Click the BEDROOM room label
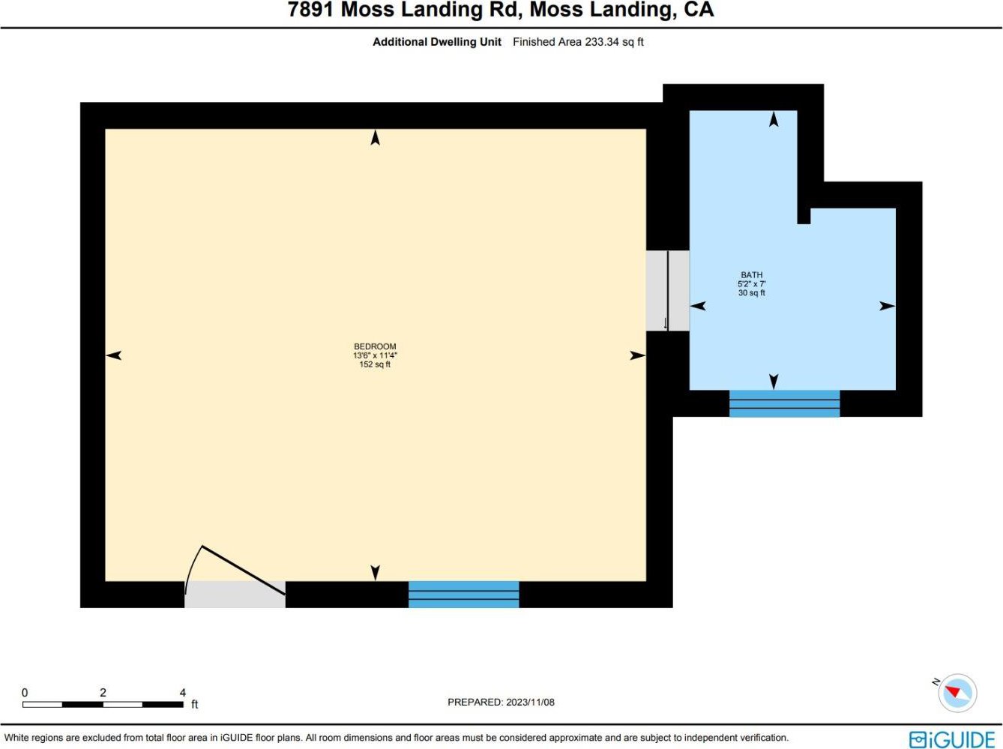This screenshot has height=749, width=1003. (x=375, y=346)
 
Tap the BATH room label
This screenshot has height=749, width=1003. (x=751, y=274)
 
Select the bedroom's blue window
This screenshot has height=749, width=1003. (x=463, y=594)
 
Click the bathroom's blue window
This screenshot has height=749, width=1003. (x=784, y=403)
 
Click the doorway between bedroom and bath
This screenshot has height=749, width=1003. (x=667, y=291)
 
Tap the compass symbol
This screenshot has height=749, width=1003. (x=957, y=693)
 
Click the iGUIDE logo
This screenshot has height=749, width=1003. (x=952, y=739)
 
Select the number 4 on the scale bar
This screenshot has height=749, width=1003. (x=182, y=692)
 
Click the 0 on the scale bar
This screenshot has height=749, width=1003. (x=25, y=692)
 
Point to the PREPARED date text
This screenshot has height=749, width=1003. (x=501, y=702)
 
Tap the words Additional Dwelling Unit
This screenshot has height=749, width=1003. (x=437, y=42)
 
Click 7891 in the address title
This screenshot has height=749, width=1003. (x=311, y=10)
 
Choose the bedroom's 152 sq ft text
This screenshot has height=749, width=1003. (x=375, y=364)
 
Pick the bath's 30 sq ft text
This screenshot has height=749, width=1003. (x=751, y=292)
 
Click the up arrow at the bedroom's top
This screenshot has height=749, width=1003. (x=375, y=137)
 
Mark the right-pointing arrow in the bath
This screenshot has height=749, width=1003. (x=887, y=306)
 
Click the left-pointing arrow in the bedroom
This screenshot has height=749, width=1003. (x=114, y=355)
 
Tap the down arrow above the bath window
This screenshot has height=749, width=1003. (x=774, y=382)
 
